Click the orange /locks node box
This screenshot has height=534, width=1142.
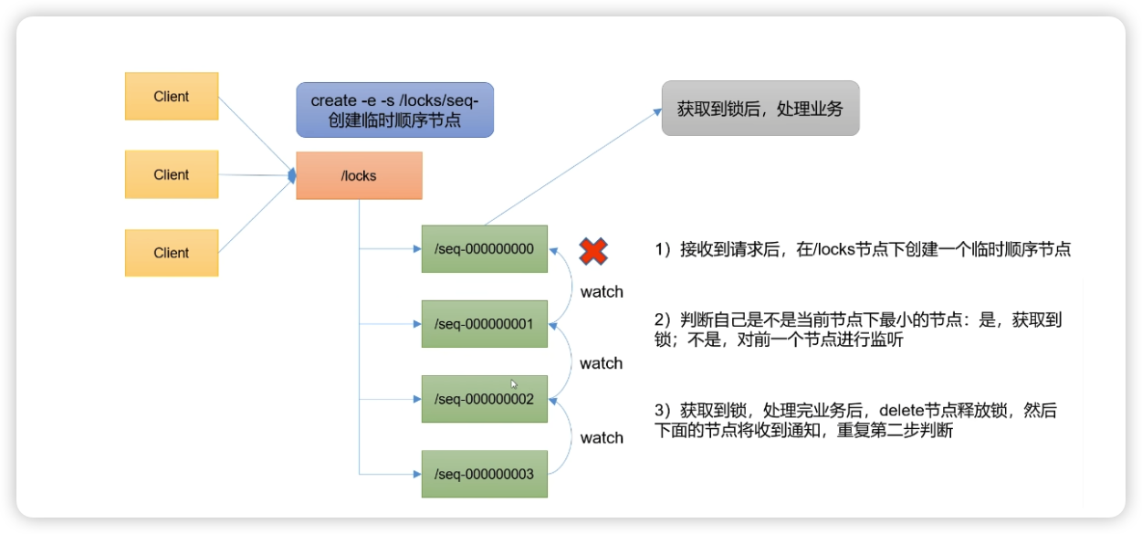tap(359, 175)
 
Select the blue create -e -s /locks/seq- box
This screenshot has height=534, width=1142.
tap(394, 110)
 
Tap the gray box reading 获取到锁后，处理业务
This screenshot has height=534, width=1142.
tap(760, 109)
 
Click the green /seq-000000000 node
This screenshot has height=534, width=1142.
tap(484, 248)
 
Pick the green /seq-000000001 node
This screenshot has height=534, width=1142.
tap(484, 324)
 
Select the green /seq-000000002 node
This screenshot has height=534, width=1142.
tap(484, 399)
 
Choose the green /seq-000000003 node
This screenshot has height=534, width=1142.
tap(484, 474)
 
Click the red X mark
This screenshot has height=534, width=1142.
tap(593, 251)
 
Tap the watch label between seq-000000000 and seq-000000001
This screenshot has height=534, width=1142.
tap(602, 292)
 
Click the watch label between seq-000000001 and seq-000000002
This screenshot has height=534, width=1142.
tap(602, 363)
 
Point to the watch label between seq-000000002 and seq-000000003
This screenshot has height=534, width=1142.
tap(602, 438)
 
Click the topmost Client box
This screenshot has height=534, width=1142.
tap(172, 97)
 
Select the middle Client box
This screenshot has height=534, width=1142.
tap(172, 174)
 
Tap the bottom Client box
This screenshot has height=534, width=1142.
tap(172, 253)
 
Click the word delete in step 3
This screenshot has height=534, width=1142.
tap(855, 411)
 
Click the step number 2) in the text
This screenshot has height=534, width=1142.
tap(664, 319)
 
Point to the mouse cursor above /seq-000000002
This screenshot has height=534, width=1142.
tap(514, 384)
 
